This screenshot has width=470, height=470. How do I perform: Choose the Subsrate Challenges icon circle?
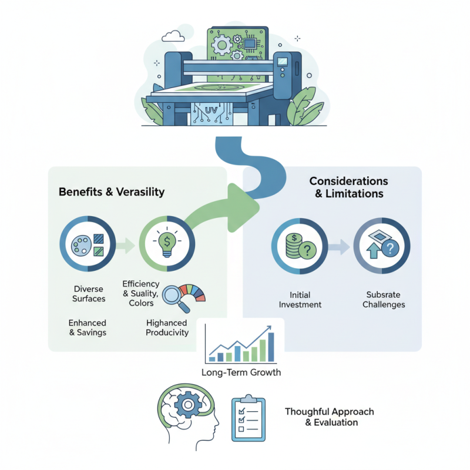click(382, 244)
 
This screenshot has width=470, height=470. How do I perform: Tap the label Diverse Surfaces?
click(89, 294)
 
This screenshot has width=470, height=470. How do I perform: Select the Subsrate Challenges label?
click(384, 300)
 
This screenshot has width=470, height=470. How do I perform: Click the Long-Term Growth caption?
click(241, 372)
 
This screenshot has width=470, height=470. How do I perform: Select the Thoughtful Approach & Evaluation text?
click(329, 417)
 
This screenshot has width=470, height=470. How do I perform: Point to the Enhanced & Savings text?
click(88, 328)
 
